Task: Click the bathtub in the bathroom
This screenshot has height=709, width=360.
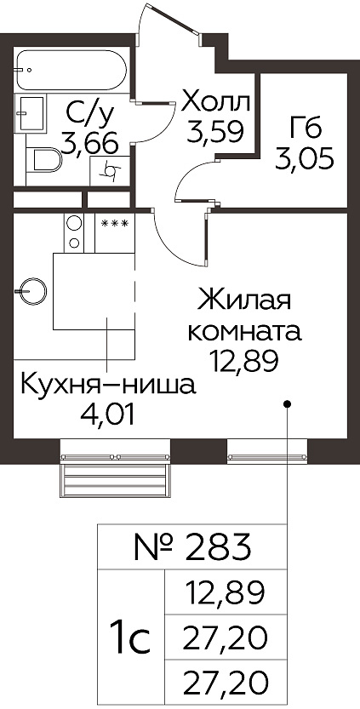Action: point(71,70)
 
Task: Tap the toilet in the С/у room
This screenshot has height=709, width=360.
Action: point(44,160)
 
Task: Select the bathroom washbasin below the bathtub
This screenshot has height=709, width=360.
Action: point(31,113)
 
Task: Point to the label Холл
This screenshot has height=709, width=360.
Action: point(215,104)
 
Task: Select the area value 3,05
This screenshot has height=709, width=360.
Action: point(305,158)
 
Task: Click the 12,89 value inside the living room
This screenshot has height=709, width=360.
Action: point(244,361)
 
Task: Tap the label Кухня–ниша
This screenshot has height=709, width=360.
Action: point(109,387)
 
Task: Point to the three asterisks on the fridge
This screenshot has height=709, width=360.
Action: point(114,223)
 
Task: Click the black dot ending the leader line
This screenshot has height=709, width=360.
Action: point(287,403)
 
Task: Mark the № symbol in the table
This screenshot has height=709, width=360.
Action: point(154,547)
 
